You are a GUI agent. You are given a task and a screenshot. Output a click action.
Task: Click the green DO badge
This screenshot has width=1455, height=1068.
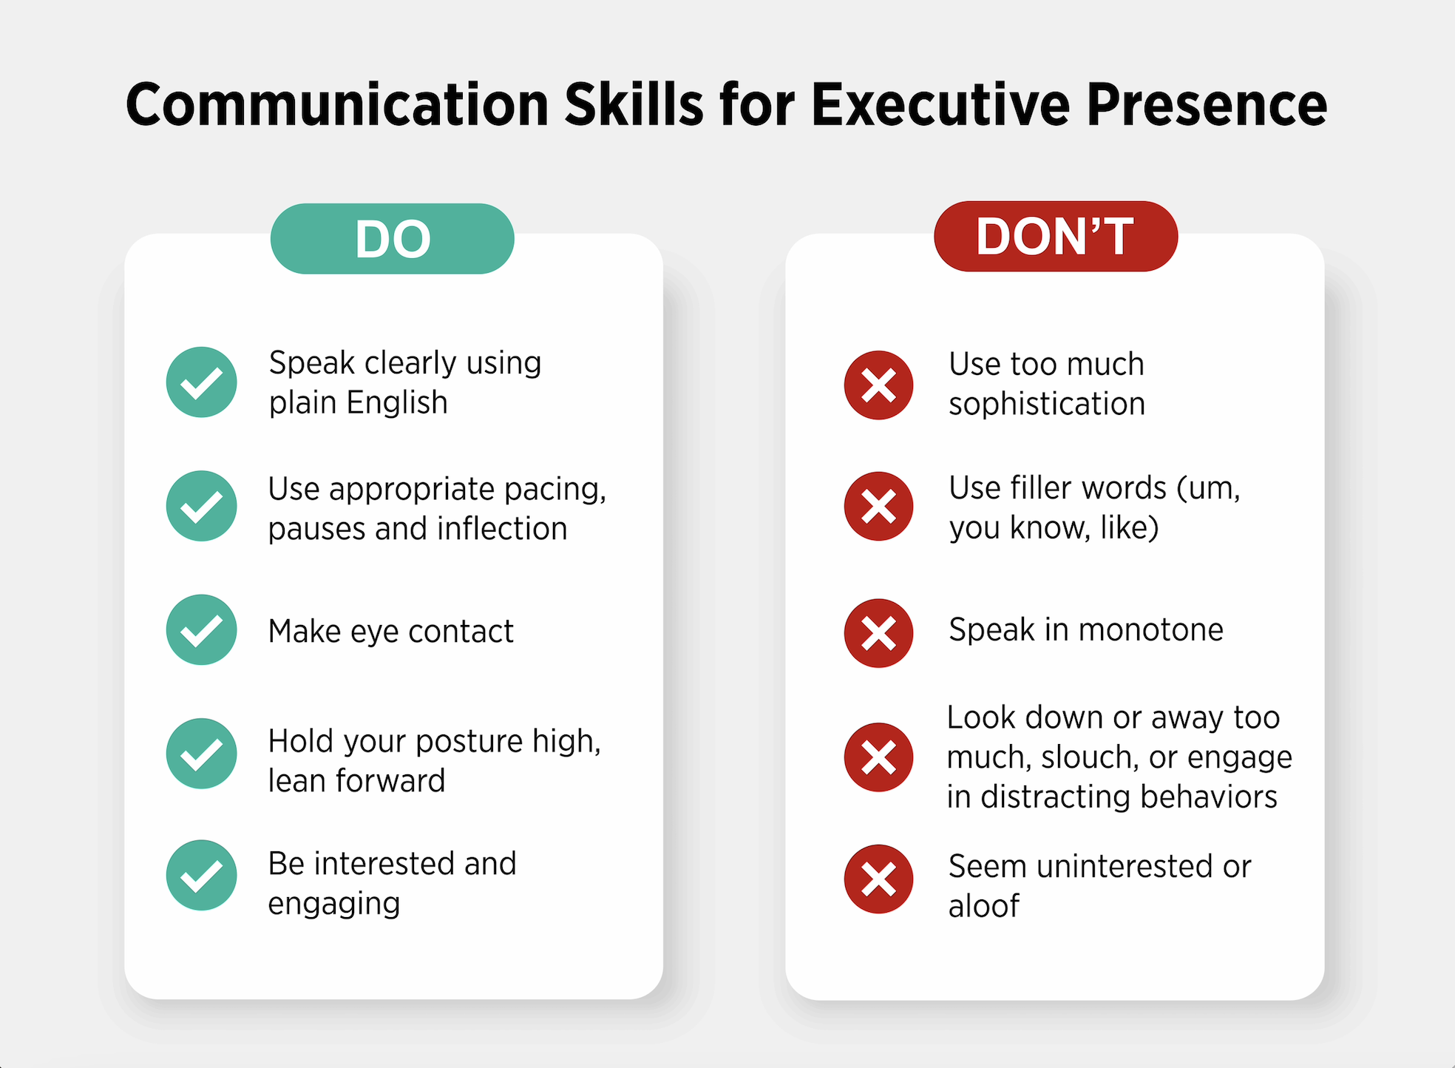point(392,239)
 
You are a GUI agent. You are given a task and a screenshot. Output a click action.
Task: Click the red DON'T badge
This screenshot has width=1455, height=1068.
point(1055,237)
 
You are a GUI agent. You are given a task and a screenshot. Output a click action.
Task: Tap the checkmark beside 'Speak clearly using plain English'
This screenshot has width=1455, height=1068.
point(201,382)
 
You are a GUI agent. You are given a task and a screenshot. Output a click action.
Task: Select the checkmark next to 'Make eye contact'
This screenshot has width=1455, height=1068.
point(201,630)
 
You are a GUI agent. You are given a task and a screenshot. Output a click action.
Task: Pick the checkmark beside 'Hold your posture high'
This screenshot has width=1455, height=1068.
point(201,754)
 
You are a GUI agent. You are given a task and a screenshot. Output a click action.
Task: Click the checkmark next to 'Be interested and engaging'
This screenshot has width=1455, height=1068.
point(201,876)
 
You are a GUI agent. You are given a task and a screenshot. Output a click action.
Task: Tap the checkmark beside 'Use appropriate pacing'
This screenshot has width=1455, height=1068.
point(201,507)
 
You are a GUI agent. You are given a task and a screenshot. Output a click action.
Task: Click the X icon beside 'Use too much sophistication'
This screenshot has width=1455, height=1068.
point(878,385)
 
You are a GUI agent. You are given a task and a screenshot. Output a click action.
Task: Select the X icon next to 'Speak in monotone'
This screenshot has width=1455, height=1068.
point(878,633)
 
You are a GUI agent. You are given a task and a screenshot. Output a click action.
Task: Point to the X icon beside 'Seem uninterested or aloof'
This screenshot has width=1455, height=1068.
point(878,879)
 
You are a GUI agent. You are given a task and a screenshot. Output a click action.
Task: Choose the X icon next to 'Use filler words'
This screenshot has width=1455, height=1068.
point(878,507)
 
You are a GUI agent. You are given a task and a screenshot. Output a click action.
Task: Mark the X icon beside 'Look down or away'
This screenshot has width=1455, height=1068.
point(878,757)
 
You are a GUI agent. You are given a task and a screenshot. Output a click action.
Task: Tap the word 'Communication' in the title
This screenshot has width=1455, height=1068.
point(337,105)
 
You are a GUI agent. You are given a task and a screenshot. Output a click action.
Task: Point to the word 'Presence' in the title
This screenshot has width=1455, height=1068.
point(1207,105)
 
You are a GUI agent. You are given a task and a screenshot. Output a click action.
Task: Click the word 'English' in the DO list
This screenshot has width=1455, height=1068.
point(397,403)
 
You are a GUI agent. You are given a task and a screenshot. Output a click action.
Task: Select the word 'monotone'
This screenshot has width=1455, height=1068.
point(1150,630)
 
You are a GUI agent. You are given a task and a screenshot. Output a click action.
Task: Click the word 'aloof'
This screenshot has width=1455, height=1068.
point(984,906)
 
